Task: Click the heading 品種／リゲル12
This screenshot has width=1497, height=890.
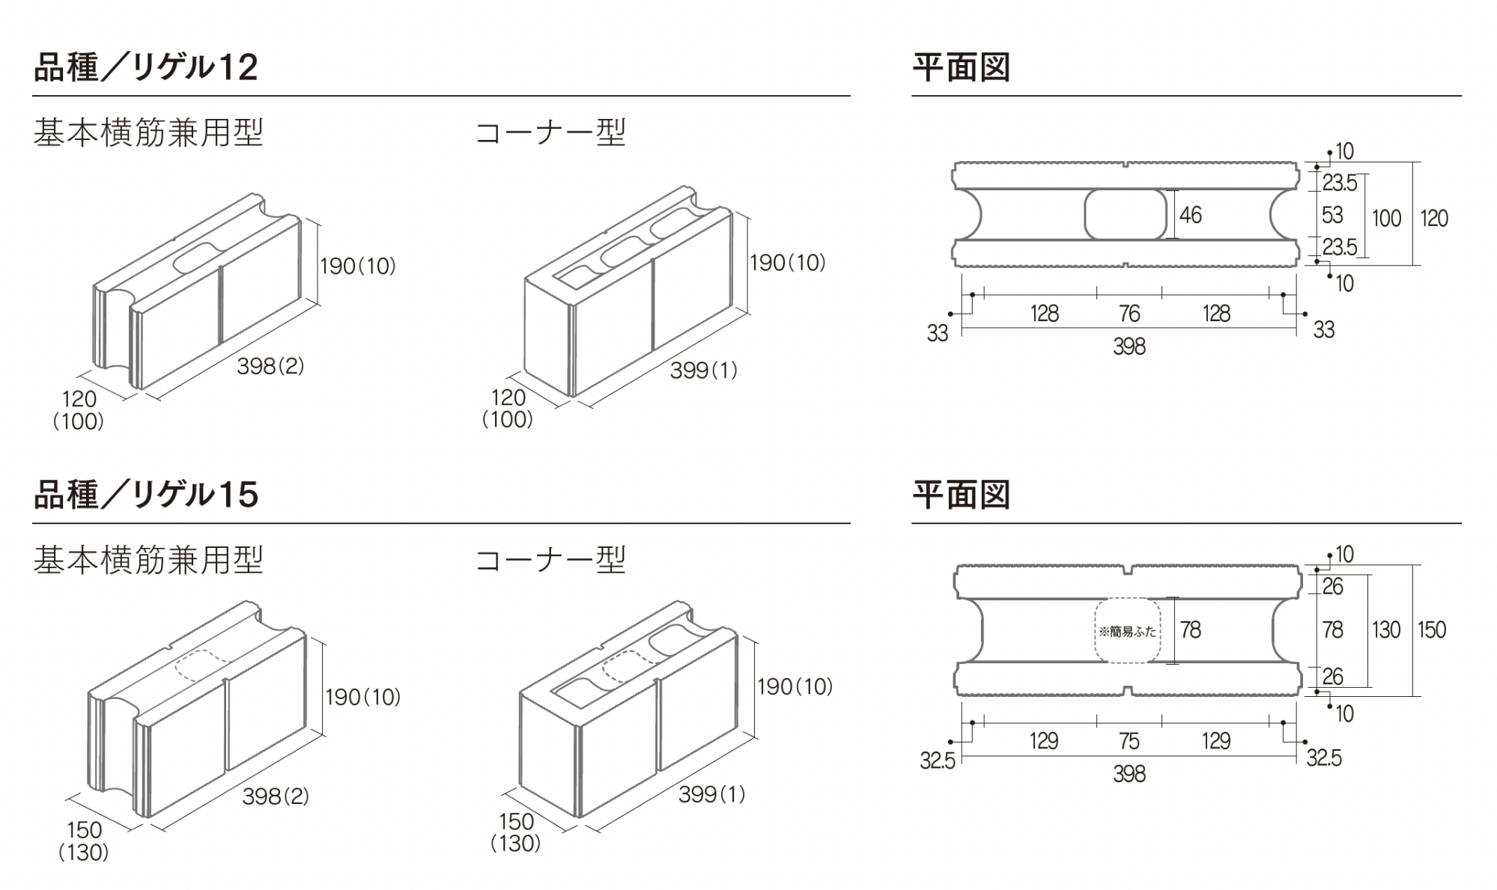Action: click(146, 67)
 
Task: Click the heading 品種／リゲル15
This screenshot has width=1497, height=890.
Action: click(146, 495)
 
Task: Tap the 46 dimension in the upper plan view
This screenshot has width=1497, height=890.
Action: click(1190, 216)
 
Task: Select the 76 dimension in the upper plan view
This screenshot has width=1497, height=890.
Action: click(1129, 314)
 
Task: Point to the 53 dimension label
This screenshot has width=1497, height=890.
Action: click(1332, 216)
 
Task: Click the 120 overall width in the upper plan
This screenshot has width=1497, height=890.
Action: click(1434, 219)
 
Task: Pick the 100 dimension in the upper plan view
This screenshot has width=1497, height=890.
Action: click(1386, 219)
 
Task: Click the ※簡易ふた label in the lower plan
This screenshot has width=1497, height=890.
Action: click(1127, 632)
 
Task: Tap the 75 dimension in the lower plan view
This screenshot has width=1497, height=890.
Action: click(1129, 741)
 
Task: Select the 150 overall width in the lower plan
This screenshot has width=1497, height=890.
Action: click(1432, 630)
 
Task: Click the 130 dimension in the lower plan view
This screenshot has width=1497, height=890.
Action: click(1386, 630)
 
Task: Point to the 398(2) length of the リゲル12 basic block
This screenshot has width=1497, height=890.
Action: click(270, 366)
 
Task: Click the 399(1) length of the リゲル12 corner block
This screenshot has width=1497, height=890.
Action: click(703, 370)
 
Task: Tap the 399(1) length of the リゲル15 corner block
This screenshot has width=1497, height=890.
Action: click(712, 794)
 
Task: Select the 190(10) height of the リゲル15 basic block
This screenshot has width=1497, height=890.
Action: click(363, 698)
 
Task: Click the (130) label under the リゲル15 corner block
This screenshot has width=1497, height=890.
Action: click(516, 844)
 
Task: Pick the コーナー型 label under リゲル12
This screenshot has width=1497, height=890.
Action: click(551, 133)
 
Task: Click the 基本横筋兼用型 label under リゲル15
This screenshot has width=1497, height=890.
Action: click(148, 560)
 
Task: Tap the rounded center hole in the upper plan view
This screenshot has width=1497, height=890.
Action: click(1126, 215)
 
